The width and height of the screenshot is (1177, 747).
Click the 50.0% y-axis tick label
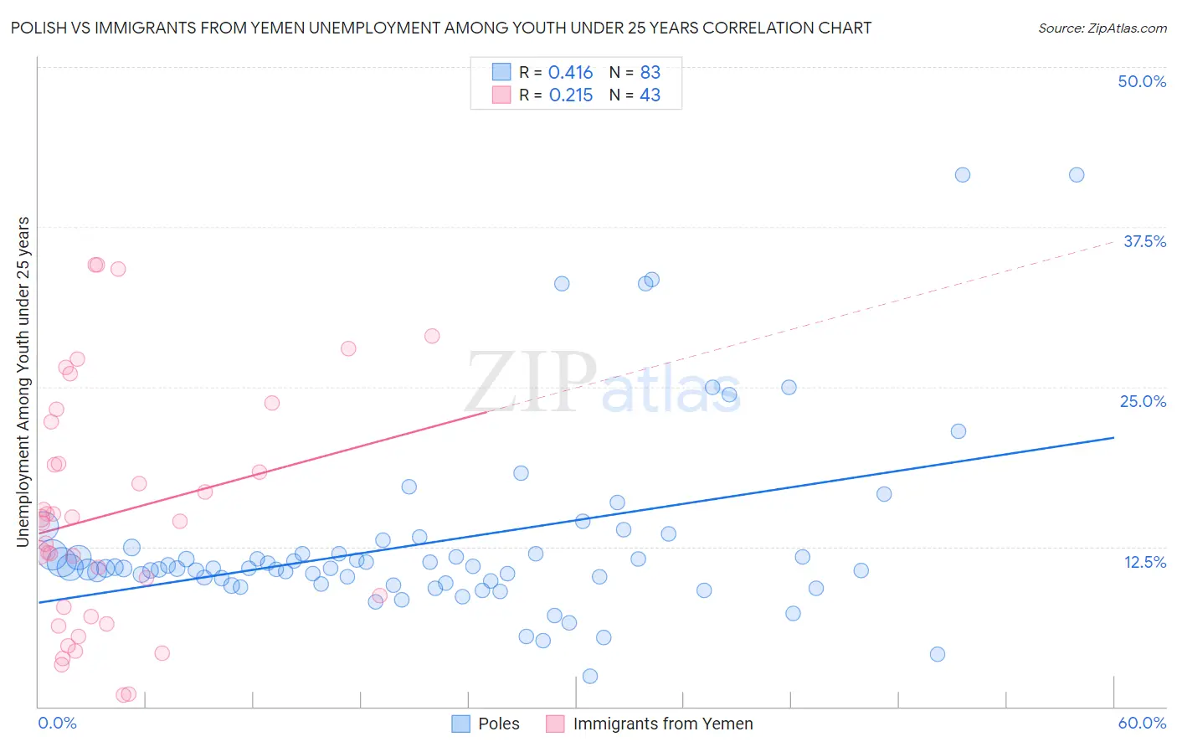[1142, 82]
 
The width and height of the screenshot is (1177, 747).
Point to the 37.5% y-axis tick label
[1144, 242]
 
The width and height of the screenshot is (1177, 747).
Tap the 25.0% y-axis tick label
[1143, 402]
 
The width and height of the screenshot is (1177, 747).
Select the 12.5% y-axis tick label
[1144, 562]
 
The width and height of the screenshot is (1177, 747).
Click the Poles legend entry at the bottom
[498, 724]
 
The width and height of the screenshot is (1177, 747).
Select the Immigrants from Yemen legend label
[662, 724]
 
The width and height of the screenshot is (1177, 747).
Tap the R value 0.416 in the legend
[570, 73]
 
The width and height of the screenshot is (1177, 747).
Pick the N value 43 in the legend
[650, 95]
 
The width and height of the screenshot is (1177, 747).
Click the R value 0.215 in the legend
[570, 95]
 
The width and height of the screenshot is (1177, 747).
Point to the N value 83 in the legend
[650, 73]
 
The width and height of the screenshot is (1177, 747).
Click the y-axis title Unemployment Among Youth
[23, 382]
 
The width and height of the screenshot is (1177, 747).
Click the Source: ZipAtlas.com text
[1102, 28]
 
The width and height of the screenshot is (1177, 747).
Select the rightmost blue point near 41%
[1077, 175]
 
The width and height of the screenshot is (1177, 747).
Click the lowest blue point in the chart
[590, 676]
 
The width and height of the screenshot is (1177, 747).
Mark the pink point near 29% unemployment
[432, 336]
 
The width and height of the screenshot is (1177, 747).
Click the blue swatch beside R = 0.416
[501, 72]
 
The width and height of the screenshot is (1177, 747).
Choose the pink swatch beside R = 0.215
[501, 95]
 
